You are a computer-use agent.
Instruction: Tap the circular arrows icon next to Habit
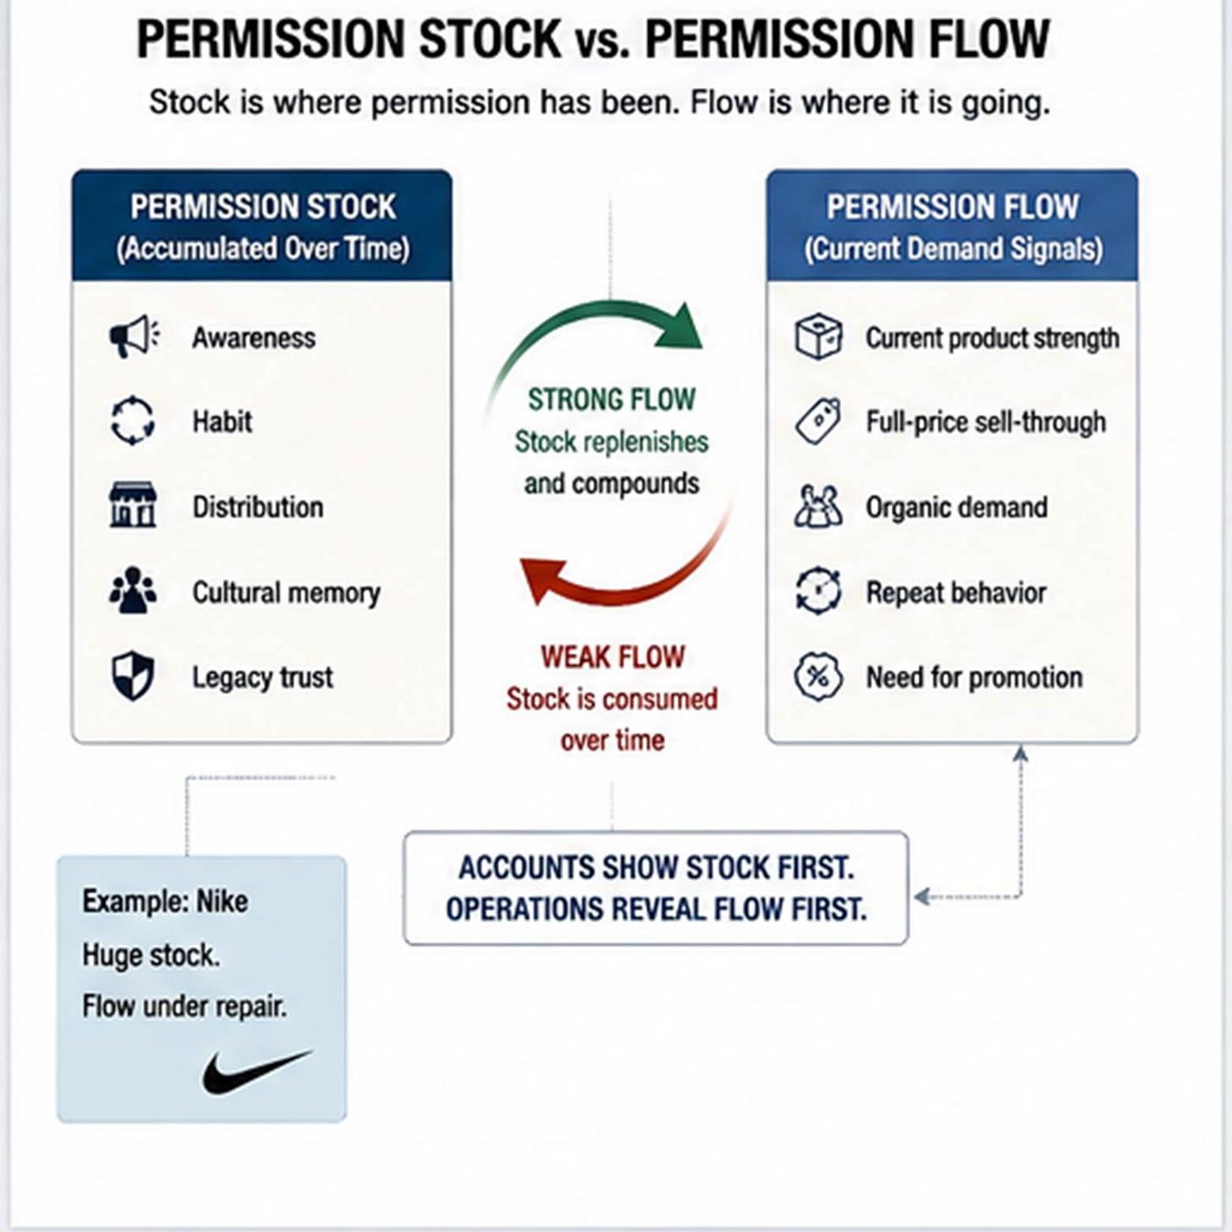click(133, 421)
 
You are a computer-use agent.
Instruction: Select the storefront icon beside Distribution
click(133, 505)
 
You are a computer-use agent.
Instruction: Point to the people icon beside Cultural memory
click(133, 590)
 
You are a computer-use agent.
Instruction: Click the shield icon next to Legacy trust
click(133, 676)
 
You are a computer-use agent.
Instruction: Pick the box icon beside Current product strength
click(818, 336)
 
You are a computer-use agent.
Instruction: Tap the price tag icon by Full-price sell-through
click(818, 421)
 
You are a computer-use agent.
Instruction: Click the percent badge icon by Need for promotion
click(818, 676)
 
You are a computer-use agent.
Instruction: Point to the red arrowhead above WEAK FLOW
click(541, 580)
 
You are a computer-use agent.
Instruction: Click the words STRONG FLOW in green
click(612, 399)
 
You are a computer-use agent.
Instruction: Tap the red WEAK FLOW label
click(613, 657)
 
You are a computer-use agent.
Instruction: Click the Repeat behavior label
click(956, 592)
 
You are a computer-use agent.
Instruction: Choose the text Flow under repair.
click(184, 1006)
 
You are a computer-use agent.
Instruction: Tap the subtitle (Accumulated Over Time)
click(263, 249)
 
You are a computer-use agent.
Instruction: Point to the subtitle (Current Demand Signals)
click(954, 249)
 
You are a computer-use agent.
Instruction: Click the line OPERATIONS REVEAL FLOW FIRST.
click(656, 909)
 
